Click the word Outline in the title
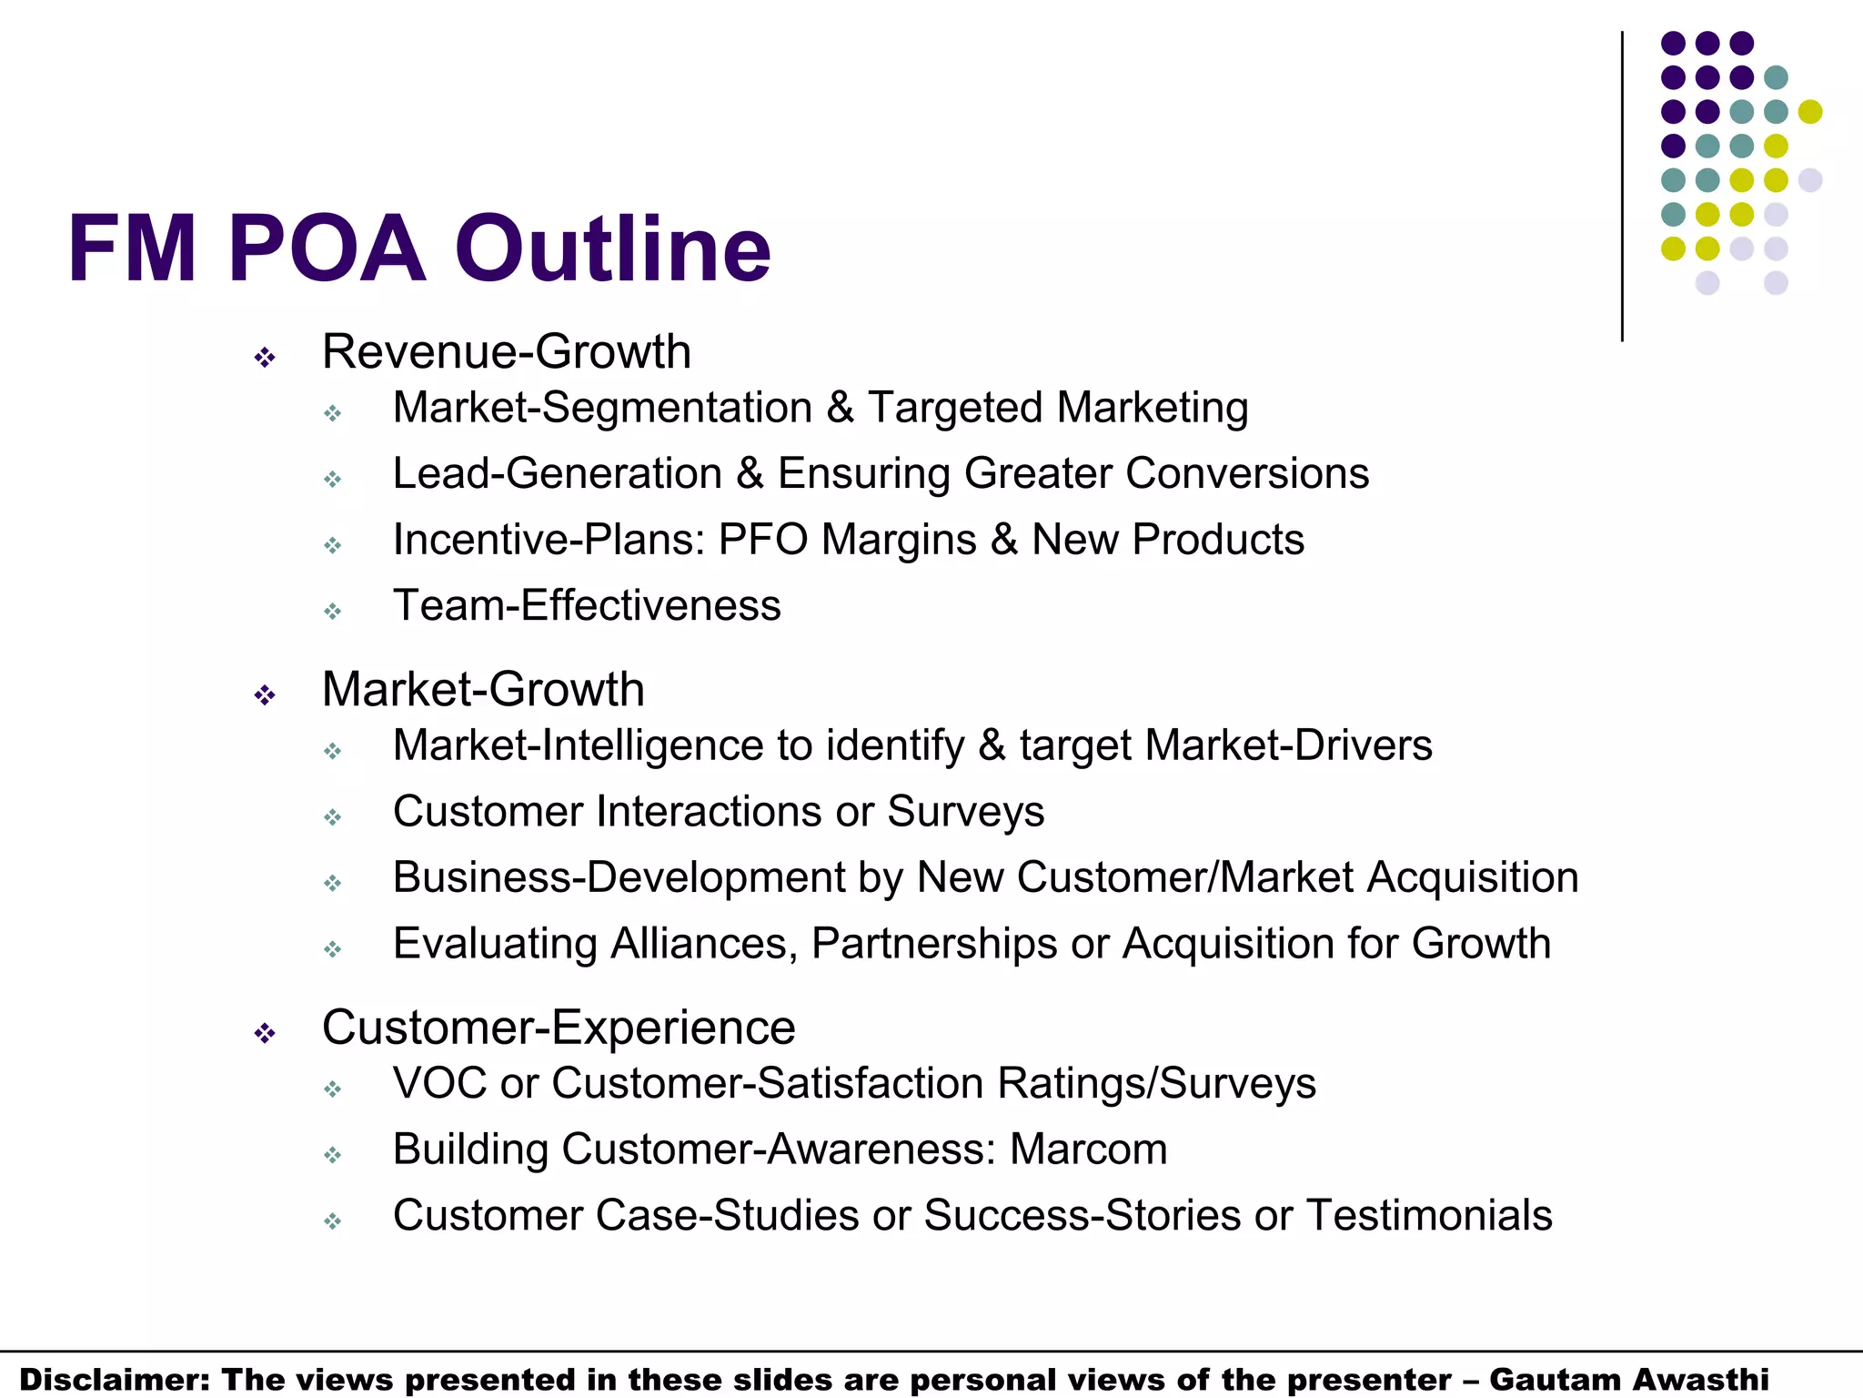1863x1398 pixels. point(612,248)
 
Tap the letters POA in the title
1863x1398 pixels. point(327,248)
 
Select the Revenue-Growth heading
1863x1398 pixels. point(506,352)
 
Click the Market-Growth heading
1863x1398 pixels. point(483,689)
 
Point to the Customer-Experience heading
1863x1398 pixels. point(559,1028)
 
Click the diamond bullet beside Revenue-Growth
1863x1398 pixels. point(265,358)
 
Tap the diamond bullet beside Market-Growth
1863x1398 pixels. point(265,696)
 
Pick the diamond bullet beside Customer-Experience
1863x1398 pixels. point(265,1034)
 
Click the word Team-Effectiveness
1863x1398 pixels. point(587,605)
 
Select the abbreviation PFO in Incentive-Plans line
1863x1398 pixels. point(763,540)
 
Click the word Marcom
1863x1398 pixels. point(1088,1149)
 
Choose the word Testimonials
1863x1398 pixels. point(1429,1215)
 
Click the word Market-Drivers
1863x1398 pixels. point(1288,745)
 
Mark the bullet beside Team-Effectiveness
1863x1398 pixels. point(333,612)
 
